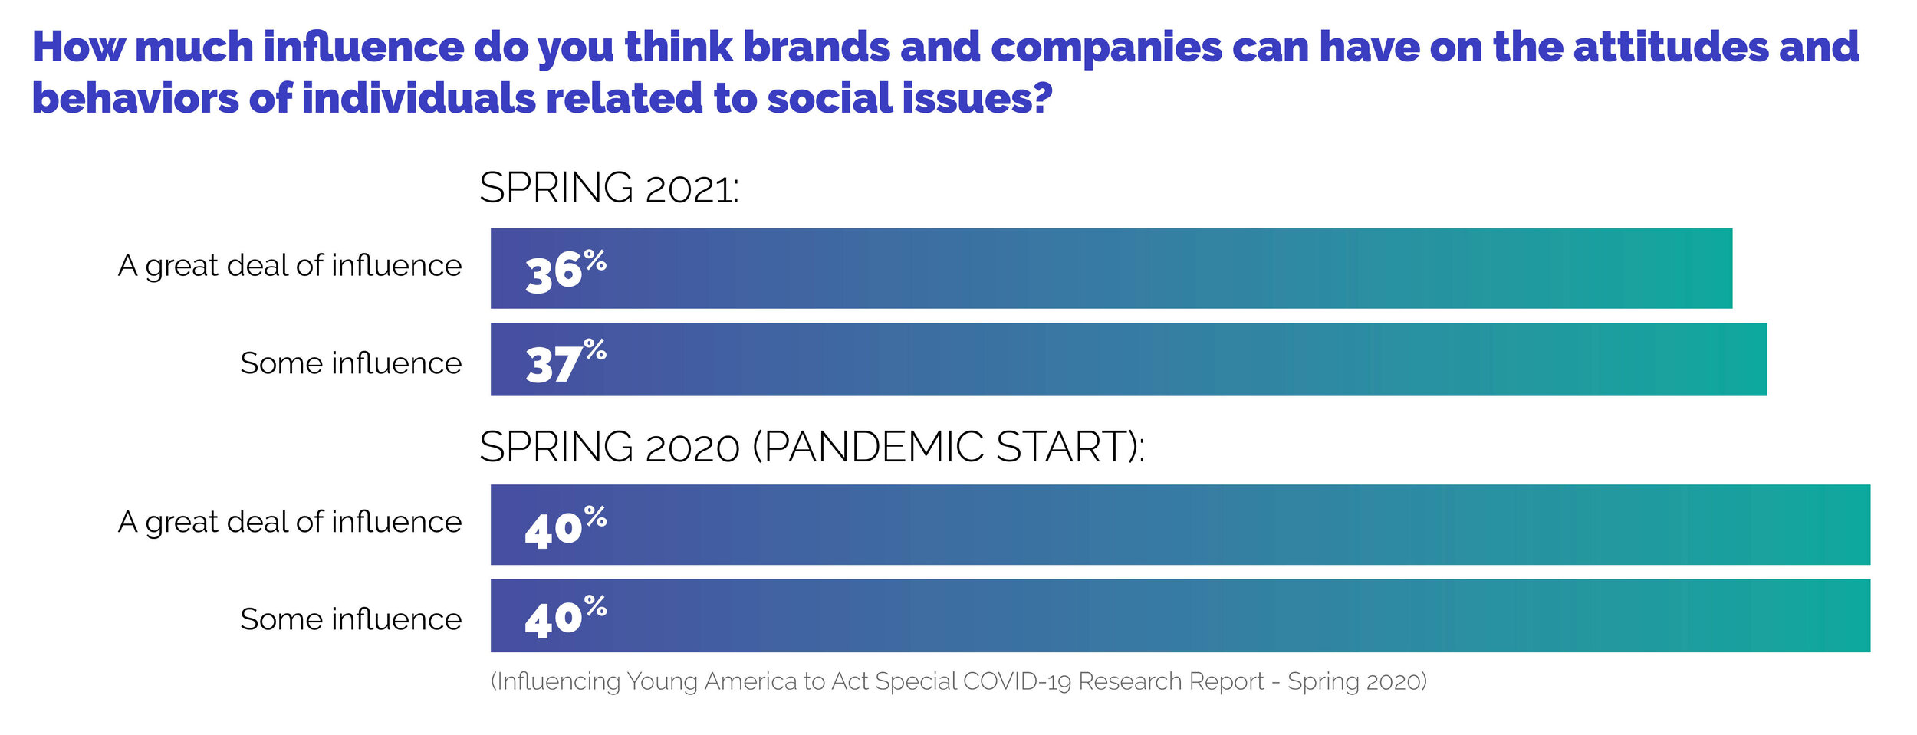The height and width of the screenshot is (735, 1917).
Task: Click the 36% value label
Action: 565,271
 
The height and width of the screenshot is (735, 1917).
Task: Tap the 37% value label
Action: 565,361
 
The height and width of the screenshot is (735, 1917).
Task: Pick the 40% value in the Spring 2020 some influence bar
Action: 565,617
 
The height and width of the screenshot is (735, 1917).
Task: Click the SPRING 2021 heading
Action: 609,189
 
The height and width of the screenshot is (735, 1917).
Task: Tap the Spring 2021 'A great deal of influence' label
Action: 290,266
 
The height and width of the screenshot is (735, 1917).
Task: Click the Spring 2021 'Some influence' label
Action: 350,363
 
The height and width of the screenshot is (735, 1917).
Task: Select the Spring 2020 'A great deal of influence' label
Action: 290,522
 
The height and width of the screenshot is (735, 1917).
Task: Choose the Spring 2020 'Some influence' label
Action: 350,619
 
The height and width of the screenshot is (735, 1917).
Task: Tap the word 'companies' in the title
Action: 1106,48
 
